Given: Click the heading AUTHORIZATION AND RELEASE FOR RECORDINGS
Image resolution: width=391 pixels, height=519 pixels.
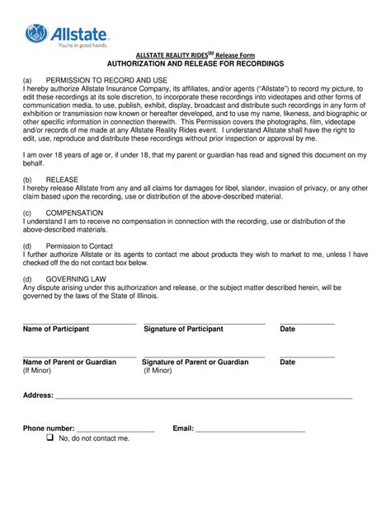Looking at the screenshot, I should tap(194, 63).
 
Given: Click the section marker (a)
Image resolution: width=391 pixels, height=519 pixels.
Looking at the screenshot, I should tap(28, 82).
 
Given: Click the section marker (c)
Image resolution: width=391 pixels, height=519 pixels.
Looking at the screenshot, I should tap(28, 212).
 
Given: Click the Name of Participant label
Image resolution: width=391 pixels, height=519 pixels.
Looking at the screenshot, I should tap(56, 329).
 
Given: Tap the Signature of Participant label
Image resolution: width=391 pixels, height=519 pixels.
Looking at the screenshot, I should tap(183, 329).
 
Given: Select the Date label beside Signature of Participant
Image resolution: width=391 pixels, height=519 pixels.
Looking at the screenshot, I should tap(287, 329).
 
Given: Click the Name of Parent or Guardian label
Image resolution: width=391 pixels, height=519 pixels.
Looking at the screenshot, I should tap(69, 362).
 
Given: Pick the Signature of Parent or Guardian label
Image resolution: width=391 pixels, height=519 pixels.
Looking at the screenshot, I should tap(195, 362).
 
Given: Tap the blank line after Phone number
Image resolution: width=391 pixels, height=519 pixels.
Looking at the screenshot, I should tap(115, 430).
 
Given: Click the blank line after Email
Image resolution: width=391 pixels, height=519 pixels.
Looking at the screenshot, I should tap(250, 430).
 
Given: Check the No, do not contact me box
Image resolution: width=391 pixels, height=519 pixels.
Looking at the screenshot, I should tap(50, 438).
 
